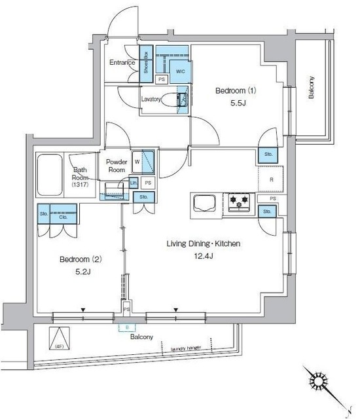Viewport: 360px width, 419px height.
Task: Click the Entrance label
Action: (x=122, y=63)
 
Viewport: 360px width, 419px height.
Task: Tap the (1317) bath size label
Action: (x=81, y=185)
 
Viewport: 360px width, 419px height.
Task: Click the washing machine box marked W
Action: (x=137, y=160)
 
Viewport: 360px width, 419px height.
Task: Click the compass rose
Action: (x=321, y=382)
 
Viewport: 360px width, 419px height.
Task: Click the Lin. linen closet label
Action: (x=134, y=183)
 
